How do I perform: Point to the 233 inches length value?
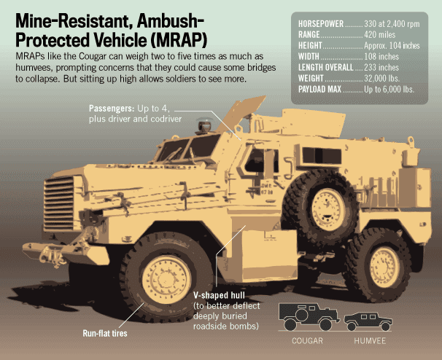(x=381, y=66)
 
